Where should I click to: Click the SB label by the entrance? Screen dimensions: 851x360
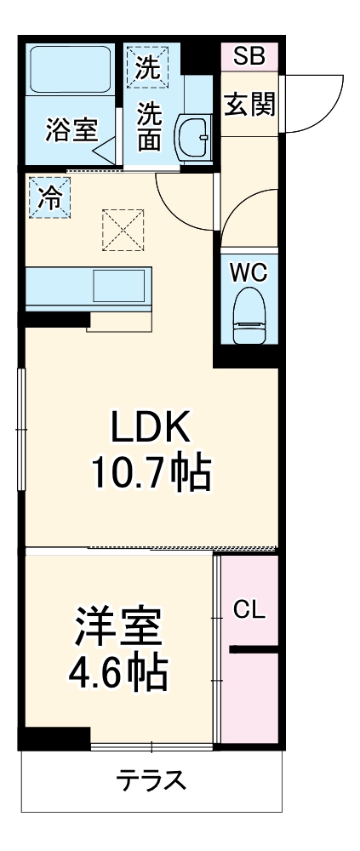[249, 57]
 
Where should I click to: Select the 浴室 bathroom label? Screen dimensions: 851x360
[71, 133]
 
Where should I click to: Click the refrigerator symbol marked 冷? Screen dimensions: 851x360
[48, 197]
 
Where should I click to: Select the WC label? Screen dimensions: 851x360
[249, 272]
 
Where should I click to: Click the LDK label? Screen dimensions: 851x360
[151, 429]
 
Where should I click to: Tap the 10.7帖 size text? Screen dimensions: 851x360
[151, 476]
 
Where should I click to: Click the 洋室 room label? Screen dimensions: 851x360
[117, 630]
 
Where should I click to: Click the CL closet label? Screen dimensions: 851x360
[249, 609]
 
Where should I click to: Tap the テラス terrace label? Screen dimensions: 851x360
[151, 780]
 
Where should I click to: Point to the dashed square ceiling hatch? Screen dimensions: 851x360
[122, 230]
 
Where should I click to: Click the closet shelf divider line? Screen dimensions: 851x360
[253, 651]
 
